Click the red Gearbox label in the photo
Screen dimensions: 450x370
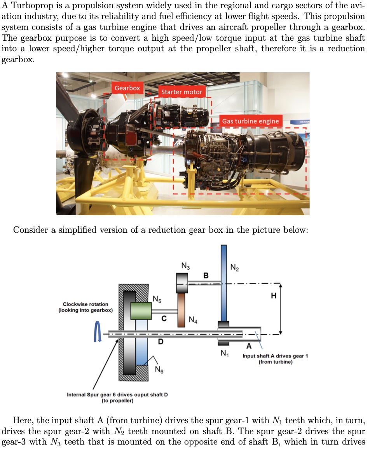pos(127,88)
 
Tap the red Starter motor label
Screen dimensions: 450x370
pos(182,92)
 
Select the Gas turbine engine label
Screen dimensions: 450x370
pos(250,121)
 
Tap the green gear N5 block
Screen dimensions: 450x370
pos(141,311)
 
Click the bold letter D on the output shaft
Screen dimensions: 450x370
pos(160,342)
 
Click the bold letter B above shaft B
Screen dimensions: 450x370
pos(206,276)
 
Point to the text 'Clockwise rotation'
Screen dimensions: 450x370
pos(86,304)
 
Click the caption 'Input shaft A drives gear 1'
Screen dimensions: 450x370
pos(275,356)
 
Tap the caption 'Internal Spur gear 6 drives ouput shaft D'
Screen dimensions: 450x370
pos(117,395)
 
